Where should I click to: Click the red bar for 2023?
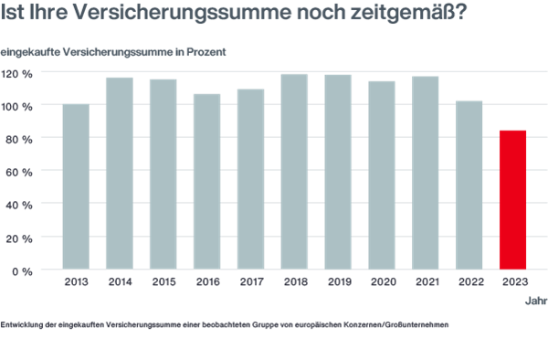tap(513, 199)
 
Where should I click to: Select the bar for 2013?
tap(76, 186)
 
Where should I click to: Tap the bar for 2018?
tap(294, 171)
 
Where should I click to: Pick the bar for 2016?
tap(206, 181)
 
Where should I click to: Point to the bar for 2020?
tap(382, 175)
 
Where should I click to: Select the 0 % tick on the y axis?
tap(23, 270)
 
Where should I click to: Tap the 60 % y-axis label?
tap(20, 172)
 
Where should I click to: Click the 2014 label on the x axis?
tap(120, 282)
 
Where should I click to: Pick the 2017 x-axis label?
tap(250, 282)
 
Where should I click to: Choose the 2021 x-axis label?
tap(426, 282)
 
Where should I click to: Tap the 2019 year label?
tap(338, 282)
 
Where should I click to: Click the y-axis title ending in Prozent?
tap(113, 51)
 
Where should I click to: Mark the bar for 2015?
tap(163, 174)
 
